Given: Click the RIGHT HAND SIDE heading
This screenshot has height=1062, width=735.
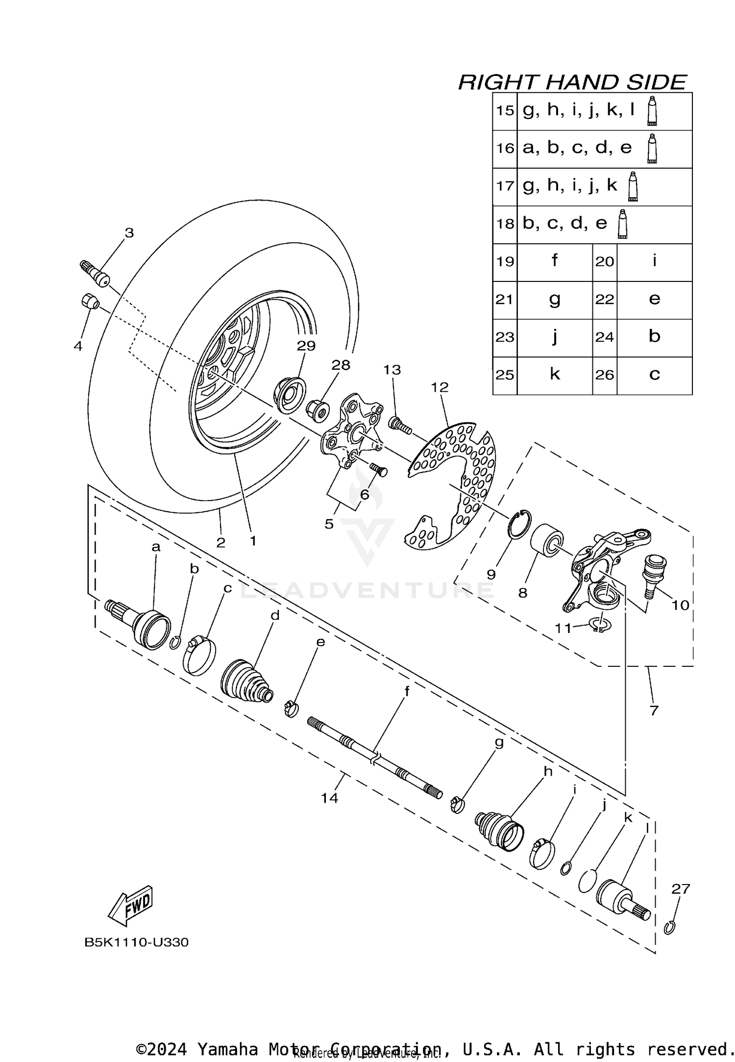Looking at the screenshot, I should point(572,82).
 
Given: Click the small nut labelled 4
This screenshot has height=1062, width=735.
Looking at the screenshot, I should point(89,301).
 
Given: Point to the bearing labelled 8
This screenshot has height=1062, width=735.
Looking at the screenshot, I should point(547,540).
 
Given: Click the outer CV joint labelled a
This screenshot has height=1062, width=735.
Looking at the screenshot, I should point(142,625).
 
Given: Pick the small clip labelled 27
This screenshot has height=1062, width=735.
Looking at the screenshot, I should point(670,927).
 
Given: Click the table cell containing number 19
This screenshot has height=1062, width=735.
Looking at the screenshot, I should point(505,262).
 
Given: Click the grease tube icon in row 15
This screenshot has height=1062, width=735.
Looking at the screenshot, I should point(652,111).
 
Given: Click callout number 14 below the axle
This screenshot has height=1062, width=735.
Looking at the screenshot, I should point(329,798).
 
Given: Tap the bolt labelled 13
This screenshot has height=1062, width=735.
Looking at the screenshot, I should point(400,425).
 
